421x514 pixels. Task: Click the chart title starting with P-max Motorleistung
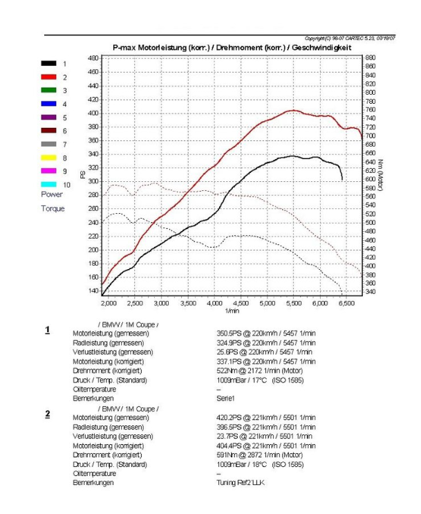coord(232,48)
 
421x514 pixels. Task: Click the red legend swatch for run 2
coord(48,77)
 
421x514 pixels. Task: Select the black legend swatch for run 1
coord(48,64)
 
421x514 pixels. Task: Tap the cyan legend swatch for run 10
coord(48,185)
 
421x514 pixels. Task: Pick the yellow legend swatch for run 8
coord(48,158)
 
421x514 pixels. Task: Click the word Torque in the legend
coord(53,208)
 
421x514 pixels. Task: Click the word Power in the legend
coord(52,195)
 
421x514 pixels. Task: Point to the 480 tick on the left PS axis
coord(93,58)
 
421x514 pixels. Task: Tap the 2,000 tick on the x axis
coord(109,303)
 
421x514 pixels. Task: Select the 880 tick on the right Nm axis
coord(371,58)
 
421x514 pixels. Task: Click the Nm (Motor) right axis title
coord(380,176)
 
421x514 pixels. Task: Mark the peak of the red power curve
coord(293,110)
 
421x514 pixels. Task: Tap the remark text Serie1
coord(226,398)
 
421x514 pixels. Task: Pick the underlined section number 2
coord(48,414)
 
